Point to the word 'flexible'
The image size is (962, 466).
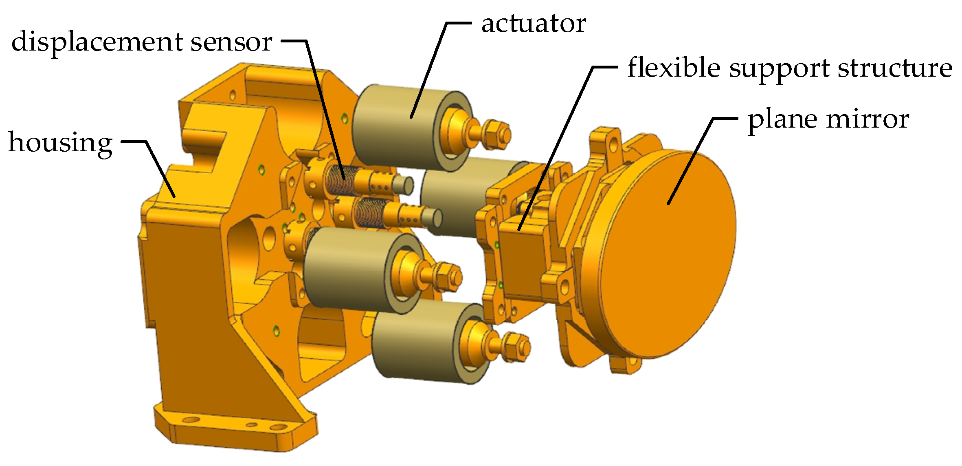click(674, 67)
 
